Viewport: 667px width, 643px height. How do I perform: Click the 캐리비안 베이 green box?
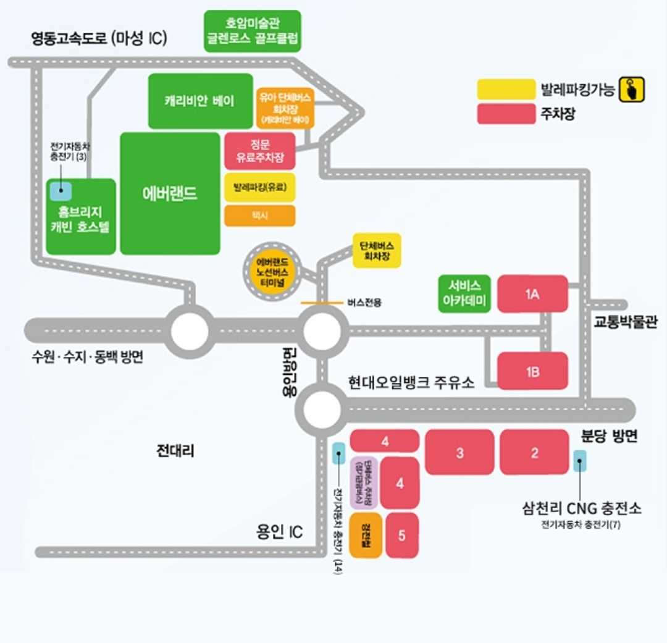[201, 101]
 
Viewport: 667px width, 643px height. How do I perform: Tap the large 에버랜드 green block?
[170, 193]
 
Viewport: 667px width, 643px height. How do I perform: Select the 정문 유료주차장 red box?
[260, 151]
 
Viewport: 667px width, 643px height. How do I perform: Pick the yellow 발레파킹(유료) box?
[260, 187]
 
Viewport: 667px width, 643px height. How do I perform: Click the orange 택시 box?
[260, 216]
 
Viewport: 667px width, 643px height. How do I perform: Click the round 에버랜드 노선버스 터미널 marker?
[272, 271]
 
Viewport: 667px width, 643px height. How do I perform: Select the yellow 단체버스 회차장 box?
[377, 250]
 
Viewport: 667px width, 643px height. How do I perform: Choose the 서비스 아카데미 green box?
[464, 293]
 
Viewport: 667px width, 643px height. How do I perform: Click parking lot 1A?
[532, 293]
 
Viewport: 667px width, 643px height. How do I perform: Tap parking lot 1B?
[532, 371]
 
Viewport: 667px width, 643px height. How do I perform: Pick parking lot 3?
[459, 453]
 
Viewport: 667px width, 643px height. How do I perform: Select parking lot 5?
[402, 535]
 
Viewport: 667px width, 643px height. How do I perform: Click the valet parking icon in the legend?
[632, 89]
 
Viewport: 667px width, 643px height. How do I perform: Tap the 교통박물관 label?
[626, 322]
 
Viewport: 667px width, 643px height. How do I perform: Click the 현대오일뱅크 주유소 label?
[411, 382]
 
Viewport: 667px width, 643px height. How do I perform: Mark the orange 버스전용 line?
[321, 303]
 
